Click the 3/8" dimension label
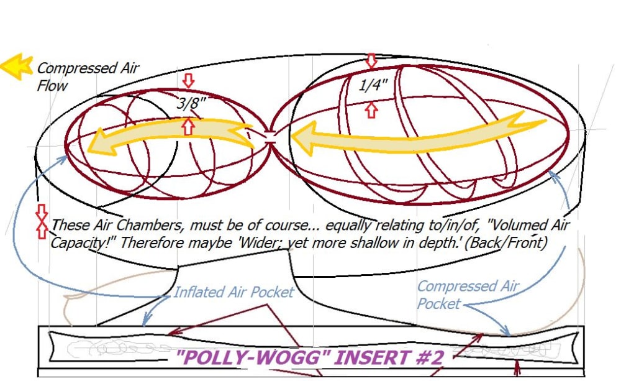[x=190, y=104]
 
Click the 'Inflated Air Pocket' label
[x=233, y=291]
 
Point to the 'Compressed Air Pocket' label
[x=467, y=295]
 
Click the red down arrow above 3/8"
[x=189, y=81]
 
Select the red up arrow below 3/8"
[x=189, y=126]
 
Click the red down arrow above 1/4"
[x=371, y=60]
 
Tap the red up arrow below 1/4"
[x=371, y=111]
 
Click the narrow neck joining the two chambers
[x=270, y=141]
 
